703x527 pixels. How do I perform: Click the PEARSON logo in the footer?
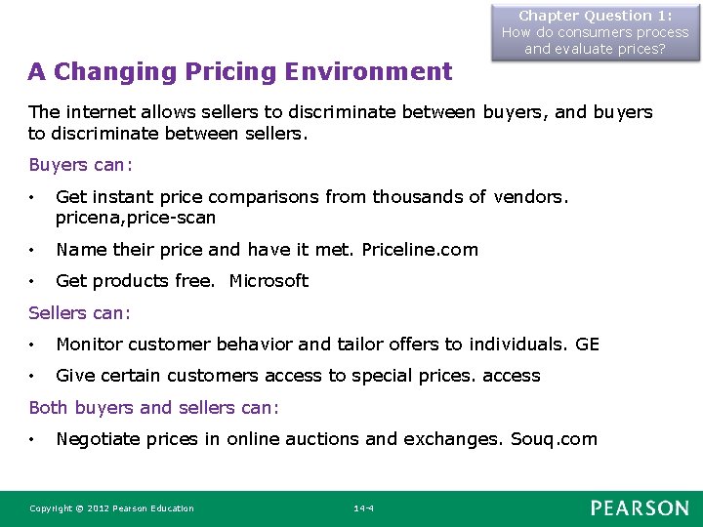pos(640,507)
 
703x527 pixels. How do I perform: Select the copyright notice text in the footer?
pos(111,508)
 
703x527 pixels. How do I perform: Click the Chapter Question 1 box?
pos(595,32)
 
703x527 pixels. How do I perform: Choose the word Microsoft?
pos(269,281)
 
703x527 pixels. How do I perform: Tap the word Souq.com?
pos(554,439)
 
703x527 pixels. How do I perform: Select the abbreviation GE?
pos(588,345)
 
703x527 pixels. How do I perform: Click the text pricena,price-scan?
pos(136,218)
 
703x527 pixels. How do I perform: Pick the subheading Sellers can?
pos(79,313)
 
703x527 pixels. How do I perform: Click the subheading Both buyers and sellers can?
pos(153,408)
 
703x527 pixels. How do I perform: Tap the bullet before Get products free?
pos(33,282)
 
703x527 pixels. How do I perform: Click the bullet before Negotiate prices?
pos(33,440)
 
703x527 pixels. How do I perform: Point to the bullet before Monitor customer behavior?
pos(33,345)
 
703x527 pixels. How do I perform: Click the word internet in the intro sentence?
pos(102,113)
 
